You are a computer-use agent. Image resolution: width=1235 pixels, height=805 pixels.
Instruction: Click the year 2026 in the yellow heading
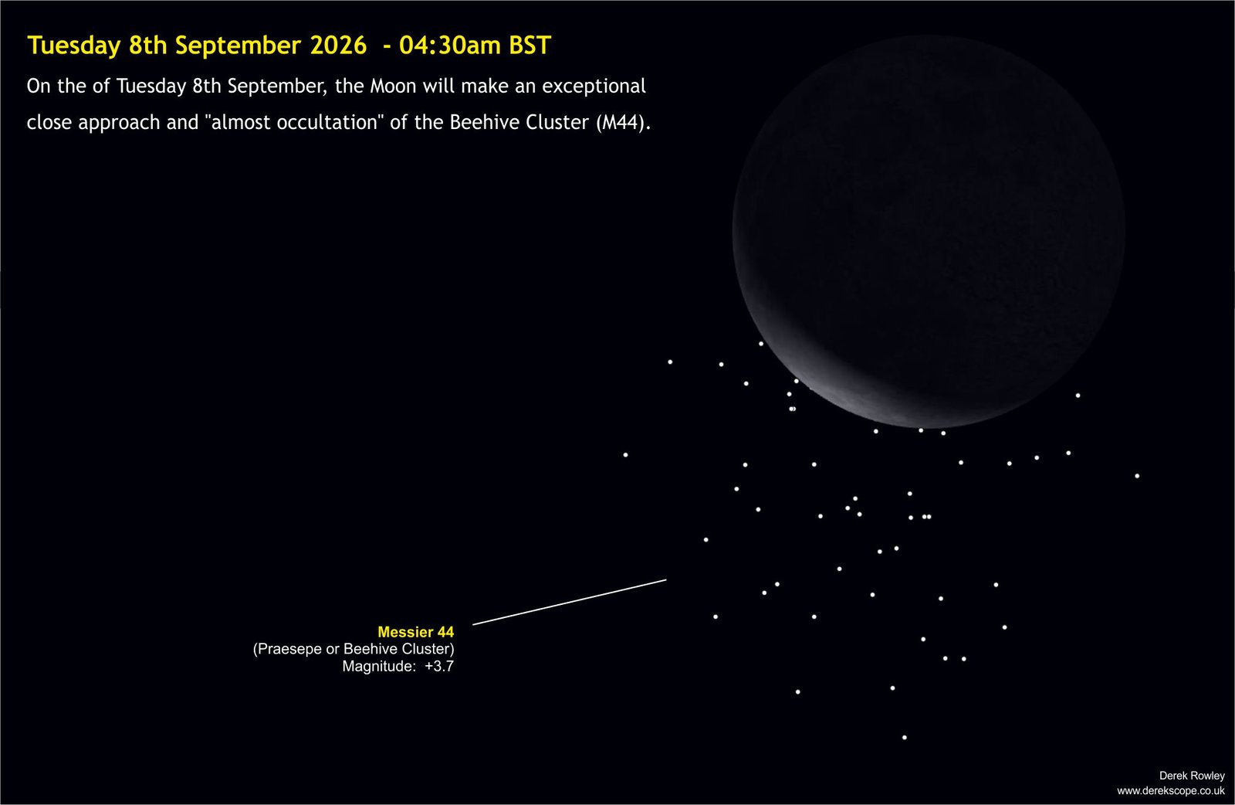pos(339,46)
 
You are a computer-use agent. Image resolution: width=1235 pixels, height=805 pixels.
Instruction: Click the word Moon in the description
pos(393,86)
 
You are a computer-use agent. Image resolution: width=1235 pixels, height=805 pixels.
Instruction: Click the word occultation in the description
pos(328,123)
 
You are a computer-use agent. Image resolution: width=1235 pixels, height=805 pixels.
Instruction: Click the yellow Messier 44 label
pos(416,632)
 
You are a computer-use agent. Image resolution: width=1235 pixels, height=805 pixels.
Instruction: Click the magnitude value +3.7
pos(439,666)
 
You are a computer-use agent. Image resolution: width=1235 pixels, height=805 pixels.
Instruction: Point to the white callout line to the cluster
pos(570,602)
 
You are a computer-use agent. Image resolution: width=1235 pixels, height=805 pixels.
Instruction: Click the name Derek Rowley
pos(1192,776)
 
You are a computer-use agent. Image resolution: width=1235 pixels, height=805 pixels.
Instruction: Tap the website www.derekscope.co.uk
pos(1170,790)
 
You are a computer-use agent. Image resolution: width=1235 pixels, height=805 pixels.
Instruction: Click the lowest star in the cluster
pos(904,737)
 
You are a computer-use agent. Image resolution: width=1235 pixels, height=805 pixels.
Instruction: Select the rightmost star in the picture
pos(1137,476)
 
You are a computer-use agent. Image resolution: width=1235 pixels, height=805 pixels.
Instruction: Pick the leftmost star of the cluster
pos(625,454)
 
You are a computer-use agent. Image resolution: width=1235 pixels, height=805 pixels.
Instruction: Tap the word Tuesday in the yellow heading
pos(74,46)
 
